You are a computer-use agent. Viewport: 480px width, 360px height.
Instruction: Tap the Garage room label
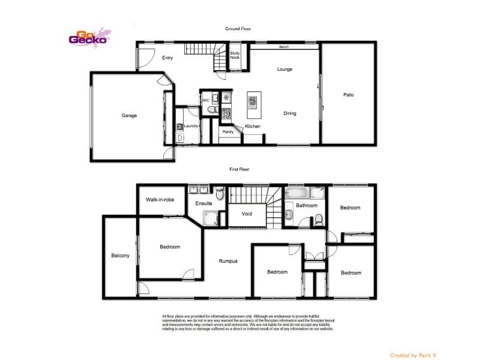(130, 115)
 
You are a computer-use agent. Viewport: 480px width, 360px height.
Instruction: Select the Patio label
(349, 94)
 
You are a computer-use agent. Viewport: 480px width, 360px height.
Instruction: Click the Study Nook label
(235, 55)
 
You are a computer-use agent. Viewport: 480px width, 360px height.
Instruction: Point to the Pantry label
(228, 131)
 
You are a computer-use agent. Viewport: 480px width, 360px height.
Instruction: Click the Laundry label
(191, 126)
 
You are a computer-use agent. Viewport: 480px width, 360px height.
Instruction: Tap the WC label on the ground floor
(205, 100)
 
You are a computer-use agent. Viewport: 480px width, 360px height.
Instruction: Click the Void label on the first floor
(247, 214)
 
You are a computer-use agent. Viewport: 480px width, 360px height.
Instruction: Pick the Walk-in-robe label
(160, 199)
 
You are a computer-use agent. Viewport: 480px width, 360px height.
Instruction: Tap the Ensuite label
(204, 203)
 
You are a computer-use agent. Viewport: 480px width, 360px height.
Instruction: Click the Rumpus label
(228, 261)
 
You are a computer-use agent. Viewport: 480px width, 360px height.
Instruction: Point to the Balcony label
(120, 256)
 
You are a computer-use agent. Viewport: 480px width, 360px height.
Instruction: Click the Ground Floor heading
(238, 28)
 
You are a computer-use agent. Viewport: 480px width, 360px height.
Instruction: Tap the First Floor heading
(240, 170)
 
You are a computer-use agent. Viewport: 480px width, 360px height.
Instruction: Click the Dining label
(290, 113)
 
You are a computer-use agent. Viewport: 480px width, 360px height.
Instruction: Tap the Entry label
(167, 58)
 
